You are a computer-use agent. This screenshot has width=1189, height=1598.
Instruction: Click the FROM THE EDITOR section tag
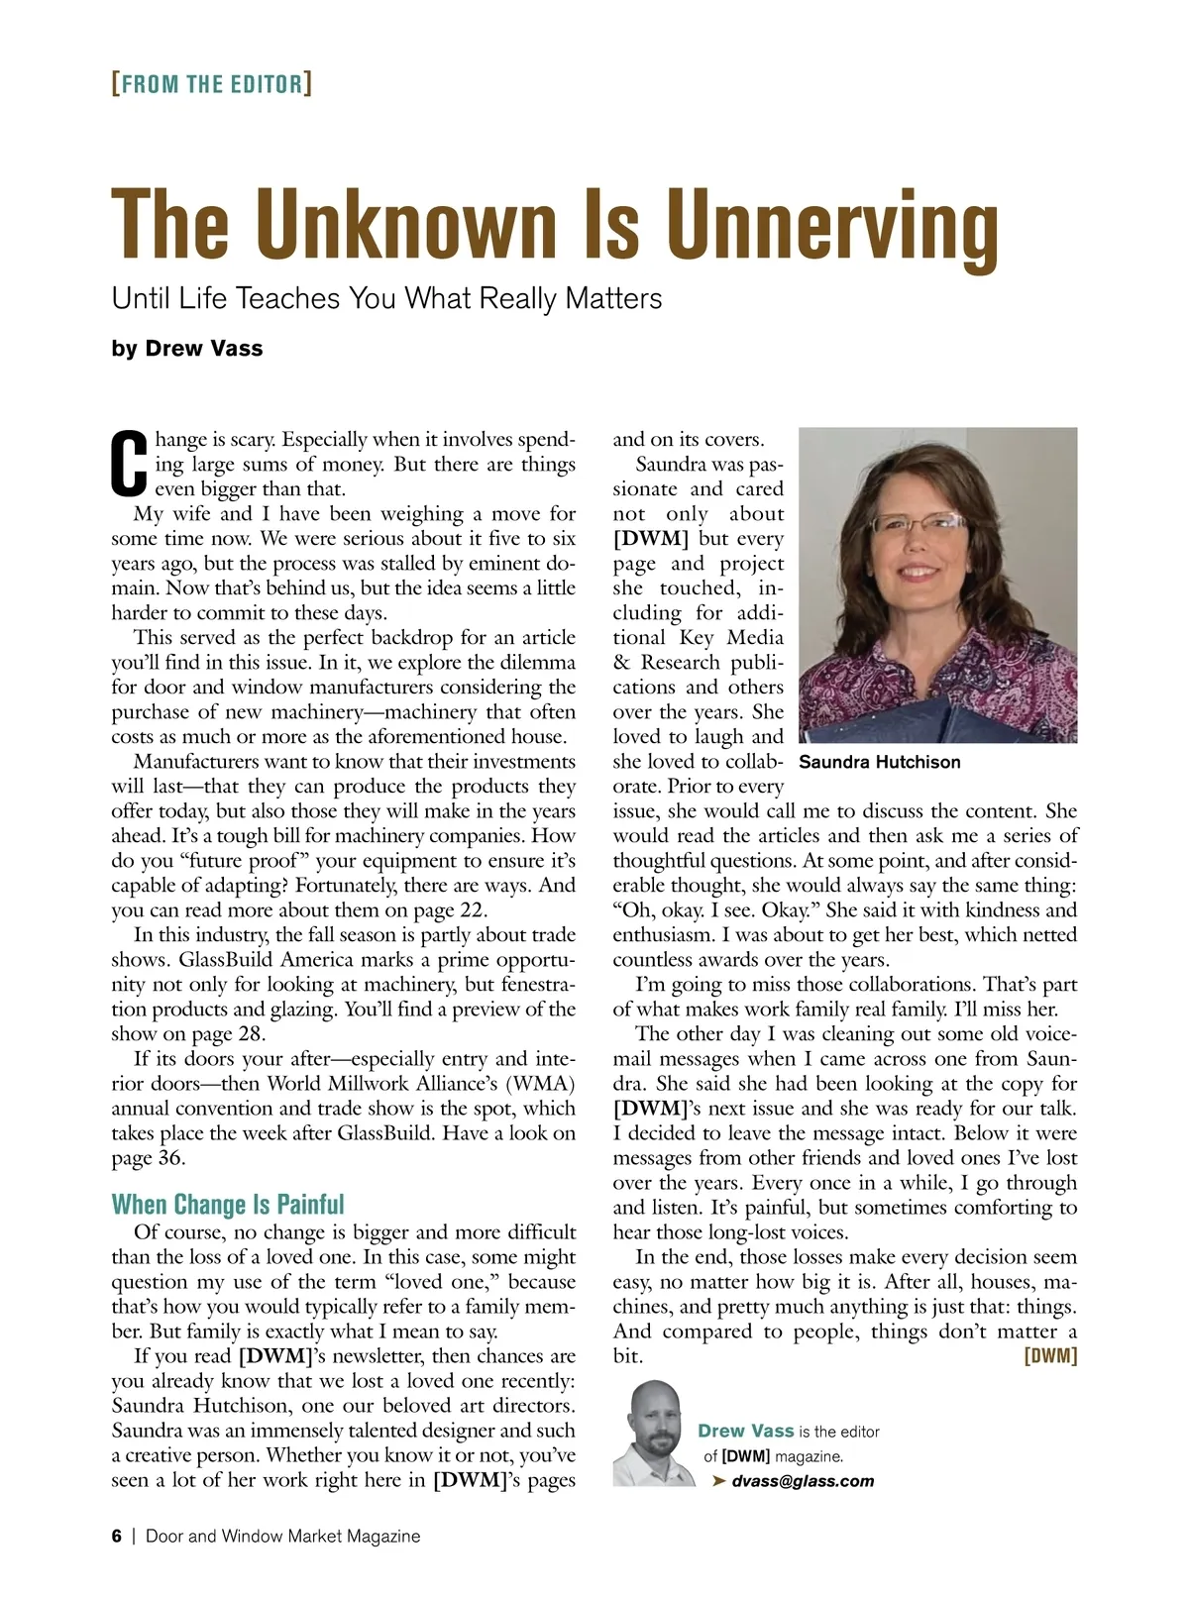tap(212, 83)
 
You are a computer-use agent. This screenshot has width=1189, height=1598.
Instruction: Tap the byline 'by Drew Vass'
tap(187, 348)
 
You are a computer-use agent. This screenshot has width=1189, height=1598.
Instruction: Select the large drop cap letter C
tap(129, 464)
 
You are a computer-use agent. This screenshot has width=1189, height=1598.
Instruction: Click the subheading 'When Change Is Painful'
tap(228, 1204)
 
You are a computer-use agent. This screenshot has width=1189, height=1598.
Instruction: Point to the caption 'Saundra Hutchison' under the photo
tap(879, 762)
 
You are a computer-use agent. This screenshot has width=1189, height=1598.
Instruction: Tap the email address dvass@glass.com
tap(803, 1481)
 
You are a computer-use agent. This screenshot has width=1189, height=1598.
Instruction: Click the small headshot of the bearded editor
tap(649, 1434)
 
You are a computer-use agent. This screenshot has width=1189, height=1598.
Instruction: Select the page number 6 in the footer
tap(117, 1537)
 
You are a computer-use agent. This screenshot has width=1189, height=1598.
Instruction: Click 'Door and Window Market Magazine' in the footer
tap(282, 1537)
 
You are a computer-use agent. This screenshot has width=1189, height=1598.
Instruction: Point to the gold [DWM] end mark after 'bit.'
tap(1050, 1356)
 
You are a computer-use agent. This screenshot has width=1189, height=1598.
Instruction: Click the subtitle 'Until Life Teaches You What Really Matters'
tap(386, 298)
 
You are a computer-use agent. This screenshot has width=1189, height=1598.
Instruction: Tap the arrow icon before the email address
tap(719, 1481)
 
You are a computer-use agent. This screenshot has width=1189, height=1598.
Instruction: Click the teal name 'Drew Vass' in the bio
tap(745, 1431)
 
